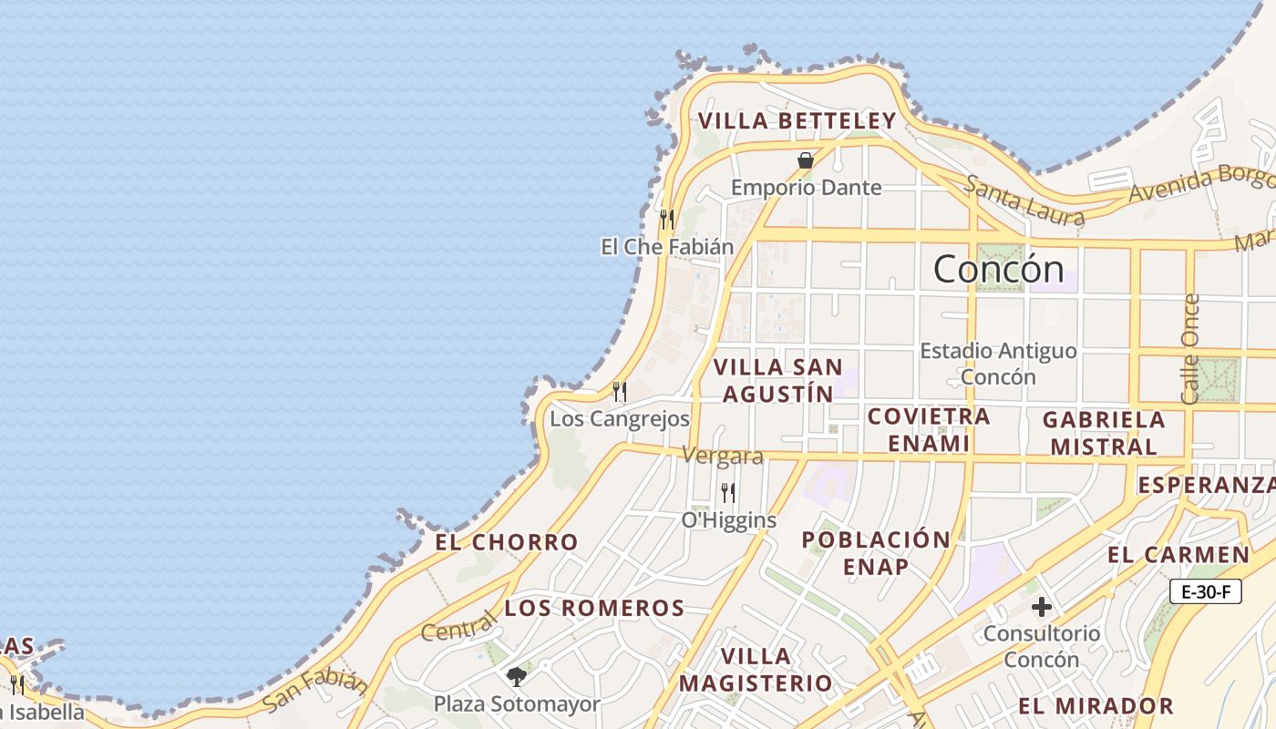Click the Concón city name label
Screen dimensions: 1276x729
998,270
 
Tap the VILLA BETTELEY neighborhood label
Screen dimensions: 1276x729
797,121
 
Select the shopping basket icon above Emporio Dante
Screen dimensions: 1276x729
806,160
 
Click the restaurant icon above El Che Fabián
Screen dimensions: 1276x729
667,219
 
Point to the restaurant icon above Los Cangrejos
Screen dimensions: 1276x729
620,392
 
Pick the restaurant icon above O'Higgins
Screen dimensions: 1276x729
728,493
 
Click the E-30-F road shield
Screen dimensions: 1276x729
1206,592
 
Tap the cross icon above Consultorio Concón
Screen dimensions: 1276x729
1041,607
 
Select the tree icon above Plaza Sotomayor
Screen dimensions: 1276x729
517,676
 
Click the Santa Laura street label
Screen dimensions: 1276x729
1025,201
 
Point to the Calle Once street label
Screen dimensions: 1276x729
1190,348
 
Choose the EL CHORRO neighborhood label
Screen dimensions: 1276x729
506,542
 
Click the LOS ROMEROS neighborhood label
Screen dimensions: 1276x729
594,609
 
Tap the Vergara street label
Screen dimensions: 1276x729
722,456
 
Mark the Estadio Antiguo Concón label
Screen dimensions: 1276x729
998,364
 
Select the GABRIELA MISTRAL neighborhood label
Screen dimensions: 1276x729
1104,433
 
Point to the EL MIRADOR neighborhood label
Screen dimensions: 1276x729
1096,706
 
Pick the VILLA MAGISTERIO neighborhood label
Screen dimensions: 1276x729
756,670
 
